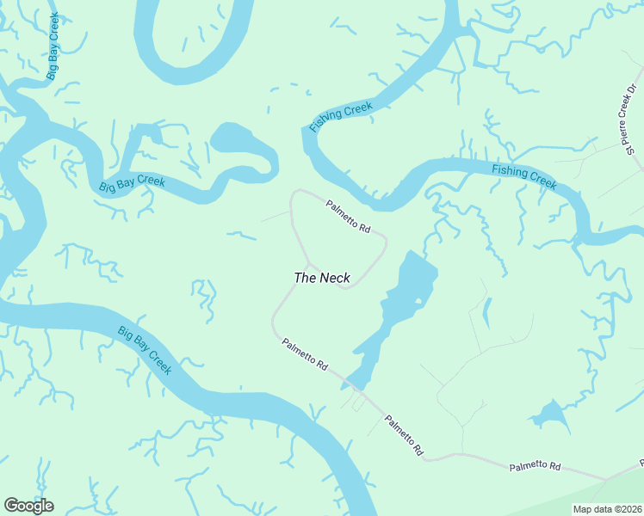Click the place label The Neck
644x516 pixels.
pyautogui.click(x=322, y=278)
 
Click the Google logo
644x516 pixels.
pyautogui.click(x=28, y=506)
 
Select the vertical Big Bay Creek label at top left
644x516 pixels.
pyautogui.click(x=53, y=47)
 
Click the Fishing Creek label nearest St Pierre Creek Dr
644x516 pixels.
pyautogui.click(x=524, y=176)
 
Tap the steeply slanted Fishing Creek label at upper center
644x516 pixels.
pyautogui.click(x=342, y=116)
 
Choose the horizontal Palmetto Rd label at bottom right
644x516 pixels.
pyautogui.click(x=535, y=466)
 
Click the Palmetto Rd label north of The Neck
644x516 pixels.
pyautogui.click(x=348, y=218)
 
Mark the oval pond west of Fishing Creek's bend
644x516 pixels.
pyautogui.click(x=232, y=137)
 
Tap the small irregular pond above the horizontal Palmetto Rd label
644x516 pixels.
pyautogui.click(x=549, y=415)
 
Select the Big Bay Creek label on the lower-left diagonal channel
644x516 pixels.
pyautogui.click(x=145, y=350)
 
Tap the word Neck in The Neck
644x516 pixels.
pyautogui.click(x=335, y=278)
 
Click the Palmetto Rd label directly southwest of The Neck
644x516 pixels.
pyautogui.click(x=305, y=354)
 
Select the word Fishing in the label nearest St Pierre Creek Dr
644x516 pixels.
pyautogui.click(x=509, y=171)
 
